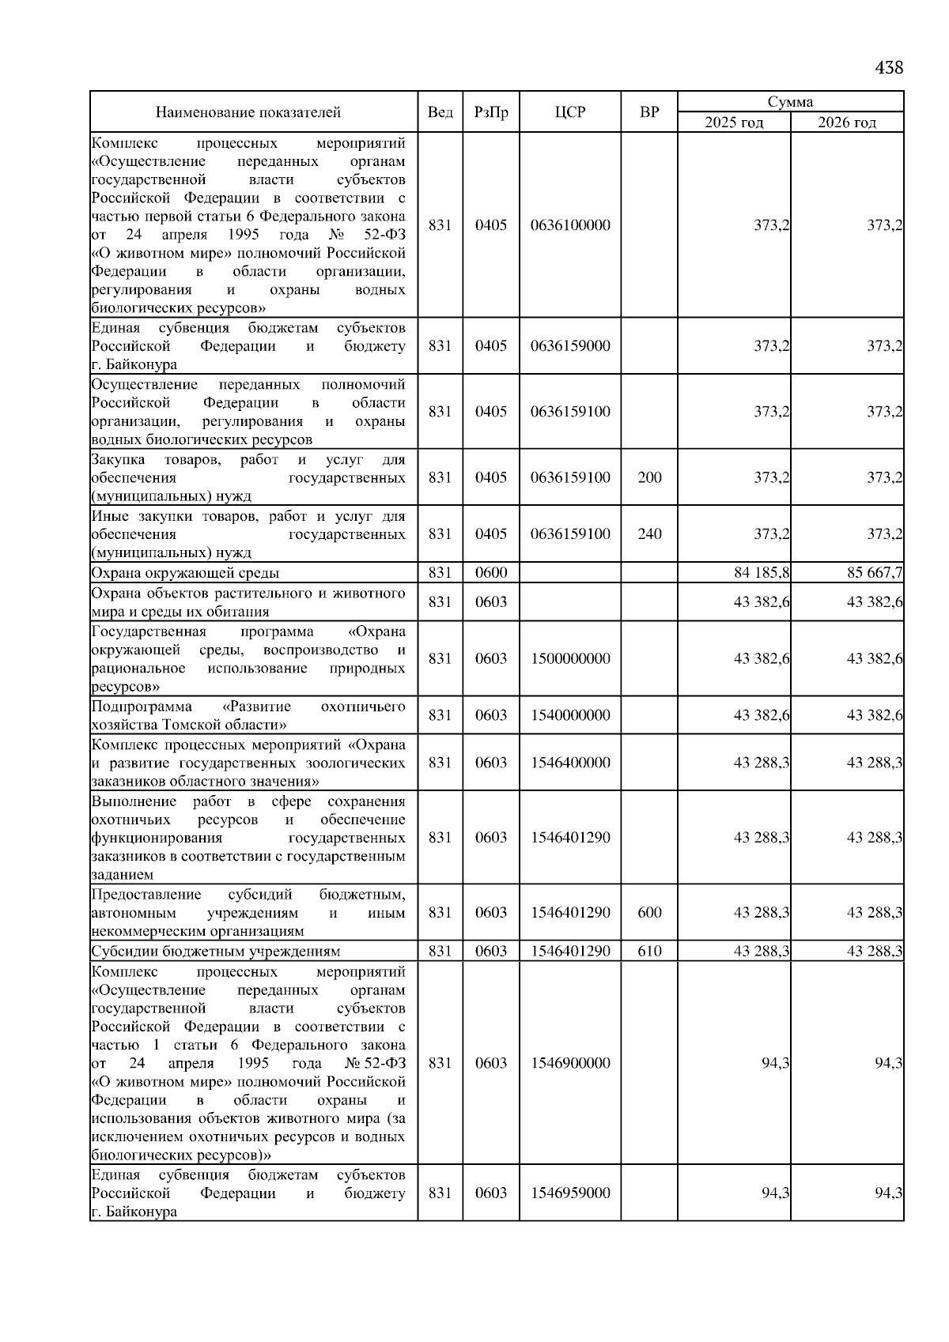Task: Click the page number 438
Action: pyautogui.click(x=889, y=68)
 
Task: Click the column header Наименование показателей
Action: pyautogui.click(x=248, y=112)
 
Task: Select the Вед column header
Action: pyautogui.click(x=440, y=112)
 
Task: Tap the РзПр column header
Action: pyautogui.click(x=491, y=112)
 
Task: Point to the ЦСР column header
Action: pyautogui.click(x=570, y=112)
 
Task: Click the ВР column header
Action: pyautogui.click(x=649, y=112)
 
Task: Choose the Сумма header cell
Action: pyautogui.click(x=790, y=102)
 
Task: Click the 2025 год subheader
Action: pyautogui.click(x=734, y=123)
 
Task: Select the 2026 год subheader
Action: pyautogui.click(x=847, y=123)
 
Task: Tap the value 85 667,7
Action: pyautogui.click(x=875, y=573)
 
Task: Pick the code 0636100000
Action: pyautogui.click(x=570, y=225)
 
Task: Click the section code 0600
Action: pyautogui.click(x=491, y=573)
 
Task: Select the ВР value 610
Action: pyautogui.click(x=649, y=952)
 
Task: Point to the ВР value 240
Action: pyautogui.click(x=649, y=534)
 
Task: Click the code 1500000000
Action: pyautogui.click(x=570, y=659)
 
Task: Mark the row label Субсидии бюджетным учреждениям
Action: pyautogui.click(x=216, y=952)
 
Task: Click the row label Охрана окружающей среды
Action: pyautogui.click(x=185, y=573)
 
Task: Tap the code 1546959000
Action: pyautogui.click(x=570, y=1193)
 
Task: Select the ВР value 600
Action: pyautogui.click(x=649, y=913)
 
